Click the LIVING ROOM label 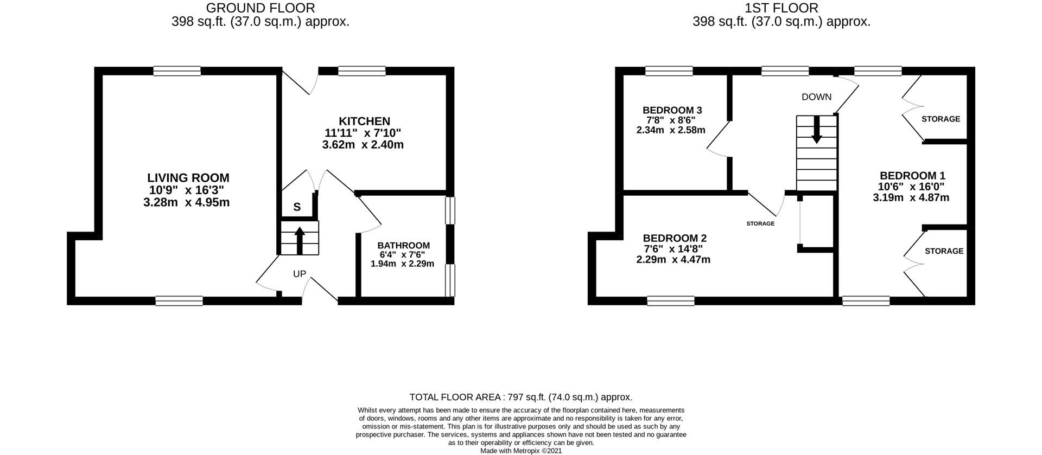188,178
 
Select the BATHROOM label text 403,246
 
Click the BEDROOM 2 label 674,238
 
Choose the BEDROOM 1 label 912,176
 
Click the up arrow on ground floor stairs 299,239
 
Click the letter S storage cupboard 297,207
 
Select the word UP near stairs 300,274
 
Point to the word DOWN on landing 816,97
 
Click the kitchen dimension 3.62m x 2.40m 363,145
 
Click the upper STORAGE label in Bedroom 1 941,119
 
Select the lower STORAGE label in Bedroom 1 944,251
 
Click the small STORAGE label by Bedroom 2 760,223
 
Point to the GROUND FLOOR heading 260,8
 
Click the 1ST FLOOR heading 781,8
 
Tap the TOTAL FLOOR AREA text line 520,397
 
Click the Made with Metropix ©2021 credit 520,451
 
